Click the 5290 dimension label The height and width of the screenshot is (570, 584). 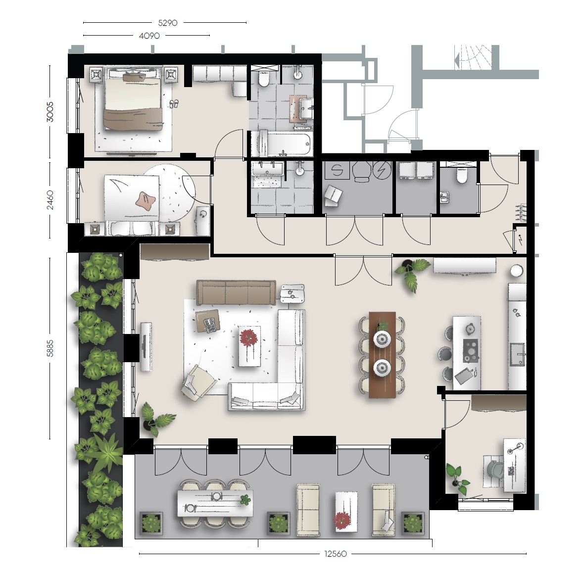click(x=168, y=23)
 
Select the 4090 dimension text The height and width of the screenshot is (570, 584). click(x=149, y=36)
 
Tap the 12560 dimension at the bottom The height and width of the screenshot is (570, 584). click(x=336, y=554)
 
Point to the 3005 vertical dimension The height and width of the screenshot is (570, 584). click(x=50, y=112)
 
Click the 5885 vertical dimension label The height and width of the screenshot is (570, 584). click(x=50, y=348)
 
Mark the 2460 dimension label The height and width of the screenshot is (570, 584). click(x=50, y=200)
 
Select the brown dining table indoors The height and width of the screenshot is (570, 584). click(x=382, y=355)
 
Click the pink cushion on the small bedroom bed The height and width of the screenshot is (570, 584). click(x=145, y=200)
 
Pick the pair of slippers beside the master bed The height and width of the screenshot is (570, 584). click(x=174, y=104)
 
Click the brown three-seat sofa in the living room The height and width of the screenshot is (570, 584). click(x=236, y=292)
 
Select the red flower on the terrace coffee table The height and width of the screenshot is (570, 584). click(x=342, y=520)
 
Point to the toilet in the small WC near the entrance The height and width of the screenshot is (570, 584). click(x=462, y=175)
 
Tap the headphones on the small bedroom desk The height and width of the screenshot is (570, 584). click(x=203, y=214)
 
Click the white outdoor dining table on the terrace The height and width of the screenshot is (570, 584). click(x=215, y=503)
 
